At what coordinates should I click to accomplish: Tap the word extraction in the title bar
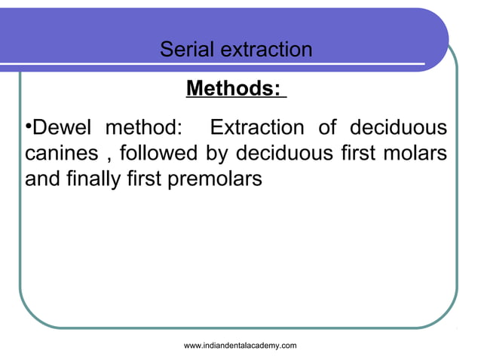267,50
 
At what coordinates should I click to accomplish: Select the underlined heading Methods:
235,90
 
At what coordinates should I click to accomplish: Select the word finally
90,181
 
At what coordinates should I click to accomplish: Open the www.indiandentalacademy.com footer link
240,345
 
